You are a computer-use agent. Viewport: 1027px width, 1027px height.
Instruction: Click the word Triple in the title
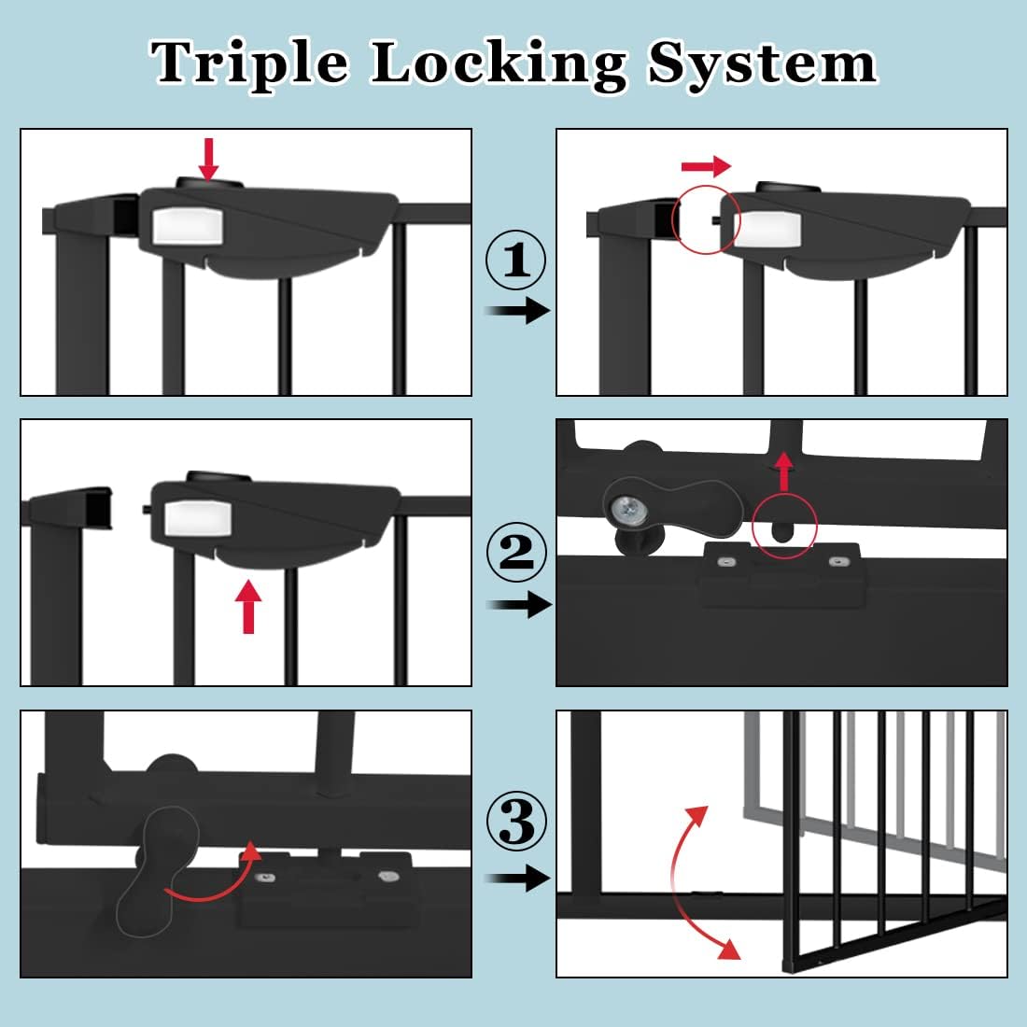point(250,63)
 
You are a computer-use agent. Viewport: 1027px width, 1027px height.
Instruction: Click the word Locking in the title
point(499,63)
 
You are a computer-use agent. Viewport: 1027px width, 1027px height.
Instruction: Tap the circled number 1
point(517,261)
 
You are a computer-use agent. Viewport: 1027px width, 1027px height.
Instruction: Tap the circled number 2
point(517,554)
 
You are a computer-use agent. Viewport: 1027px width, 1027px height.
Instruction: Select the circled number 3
point(517,823)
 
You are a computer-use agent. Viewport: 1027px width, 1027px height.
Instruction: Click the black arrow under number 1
point(520,311)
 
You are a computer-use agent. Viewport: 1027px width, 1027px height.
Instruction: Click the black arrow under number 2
point(520,605)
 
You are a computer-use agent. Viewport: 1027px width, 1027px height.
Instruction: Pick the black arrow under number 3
point(520,879)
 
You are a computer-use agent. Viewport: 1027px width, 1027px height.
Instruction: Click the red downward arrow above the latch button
point(209,159)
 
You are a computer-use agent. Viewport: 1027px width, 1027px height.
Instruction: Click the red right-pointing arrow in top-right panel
point(706,167)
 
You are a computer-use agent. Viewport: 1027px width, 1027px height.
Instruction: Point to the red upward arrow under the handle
point(247,607)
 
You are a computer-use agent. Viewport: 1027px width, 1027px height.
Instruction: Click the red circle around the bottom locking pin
point(784,526)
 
